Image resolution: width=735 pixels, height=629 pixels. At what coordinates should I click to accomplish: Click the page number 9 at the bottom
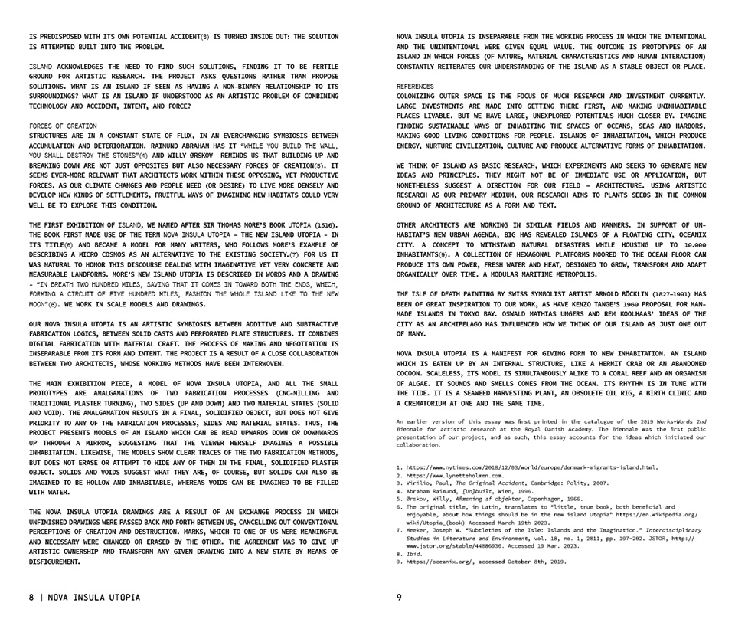point(399,597)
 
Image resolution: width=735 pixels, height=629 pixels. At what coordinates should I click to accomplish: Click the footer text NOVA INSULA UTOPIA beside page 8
point(93,597)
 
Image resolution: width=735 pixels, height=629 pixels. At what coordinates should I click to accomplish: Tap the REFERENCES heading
point(415,87)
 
